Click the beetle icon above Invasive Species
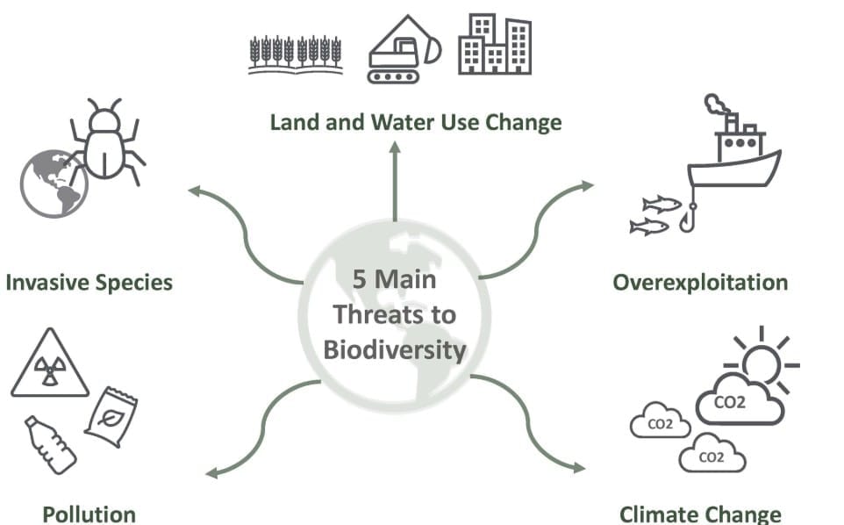(107, 140)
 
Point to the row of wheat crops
(294, 54)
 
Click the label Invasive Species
(89, 283)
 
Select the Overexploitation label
(700, 283)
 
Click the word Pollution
(89, 514)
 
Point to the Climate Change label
(700, 514)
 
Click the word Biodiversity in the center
(395, 349)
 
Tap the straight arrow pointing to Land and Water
(395, 184)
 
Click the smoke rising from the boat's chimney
(719, 105)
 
